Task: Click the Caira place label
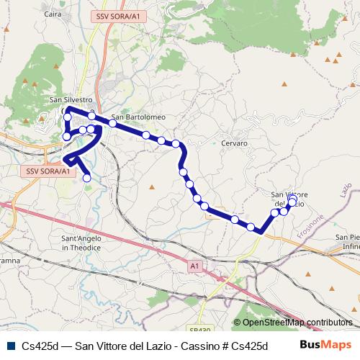53,14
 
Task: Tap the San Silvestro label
71,100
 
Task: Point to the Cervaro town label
235,143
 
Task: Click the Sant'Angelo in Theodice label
79,243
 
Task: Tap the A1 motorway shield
194,266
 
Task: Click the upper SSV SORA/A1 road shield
117,15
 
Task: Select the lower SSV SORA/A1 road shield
48,171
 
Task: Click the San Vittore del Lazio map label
289,199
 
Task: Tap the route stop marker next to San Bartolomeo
112,123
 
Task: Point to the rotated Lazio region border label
345,192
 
